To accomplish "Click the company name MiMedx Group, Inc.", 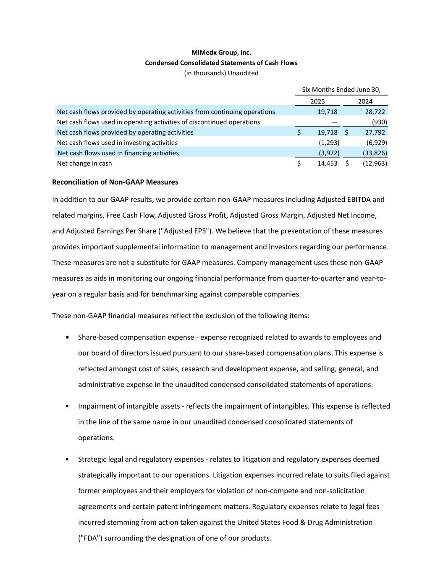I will tap(221, 53).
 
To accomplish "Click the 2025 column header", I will tap(317, 101).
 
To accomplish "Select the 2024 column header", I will tap(365, 101).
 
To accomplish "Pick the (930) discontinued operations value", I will tap(379, 122).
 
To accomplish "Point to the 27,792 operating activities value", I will tap(375, 132).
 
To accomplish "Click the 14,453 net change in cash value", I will tap(327, 163).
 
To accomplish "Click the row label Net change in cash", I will tap(84, 163).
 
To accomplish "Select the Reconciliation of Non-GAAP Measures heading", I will tap(115, 182).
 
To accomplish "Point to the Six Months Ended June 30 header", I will tap(341, 90).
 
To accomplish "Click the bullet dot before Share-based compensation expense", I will tap(68, 338).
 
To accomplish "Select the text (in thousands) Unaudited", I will tap(221, 73).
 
